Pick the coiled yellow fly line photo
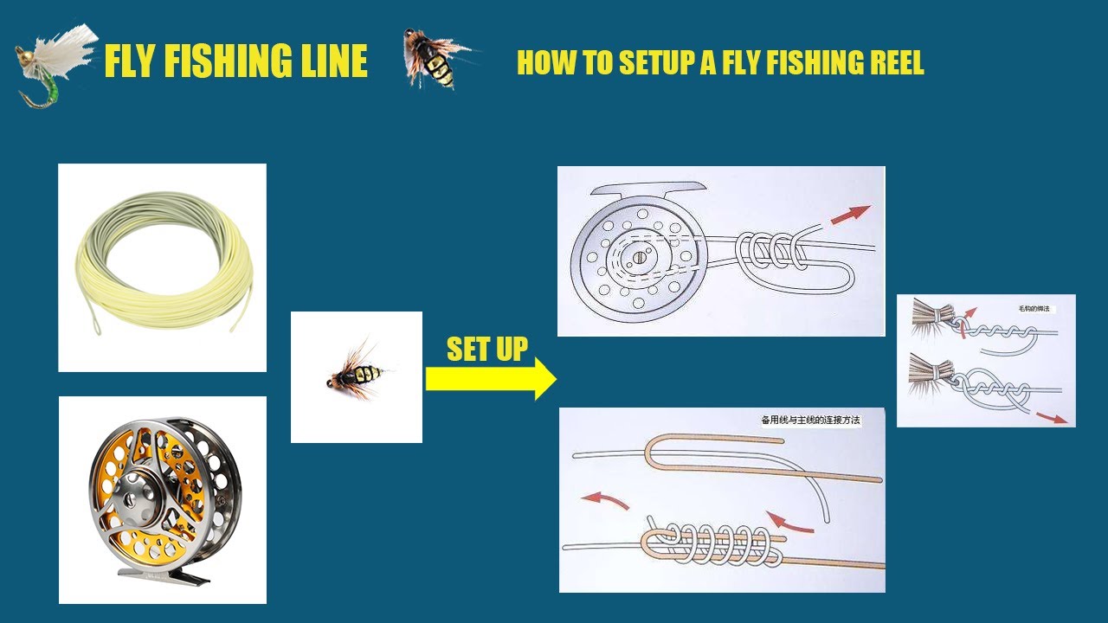162,267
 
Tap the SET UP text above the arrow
486,349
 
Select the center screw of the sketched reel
638,256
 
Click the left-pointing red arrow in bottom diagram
604,499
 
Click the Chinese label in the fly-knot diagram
1037,308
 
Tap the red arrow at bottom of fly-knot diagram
1052,418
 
